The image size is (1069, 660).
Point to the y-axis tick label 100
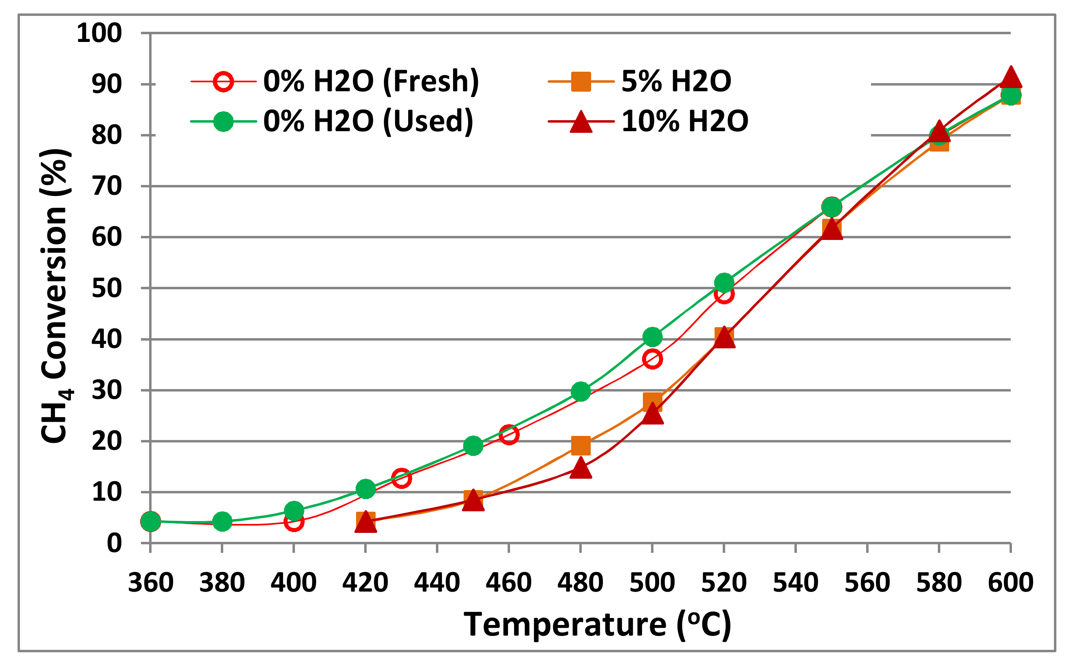(x=99, y=33)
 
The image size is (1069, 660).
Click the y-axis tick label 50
(x=106, y=288)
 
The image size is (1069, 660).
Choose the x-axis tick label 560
(x=867, y=583)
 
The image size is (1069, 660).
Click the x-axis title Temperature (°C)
(x=597, y=625)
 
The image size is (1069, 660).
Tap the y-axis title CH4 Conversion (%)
(x=55, y=296)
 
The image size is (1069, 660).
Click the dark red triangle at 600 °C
(x=1010, y=79)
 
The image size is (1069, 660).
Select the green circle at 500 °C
(x=652, y=337)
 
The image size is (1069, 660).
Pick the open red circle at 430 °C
(x=401, y=478)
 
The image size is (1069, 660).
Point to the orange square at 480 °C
(x=581, y=446)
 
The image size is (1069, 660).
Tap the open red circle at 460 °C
(x=509, y=435)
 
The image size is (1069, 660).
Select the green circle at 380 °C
(x=222, y=521)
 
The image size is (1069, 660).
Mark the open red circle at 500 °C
(x=652, y=359)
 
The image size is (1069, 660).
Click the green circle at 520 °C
(x=724, y=283)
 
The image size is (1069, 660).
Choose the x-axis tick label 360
(x=150, y=583)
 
